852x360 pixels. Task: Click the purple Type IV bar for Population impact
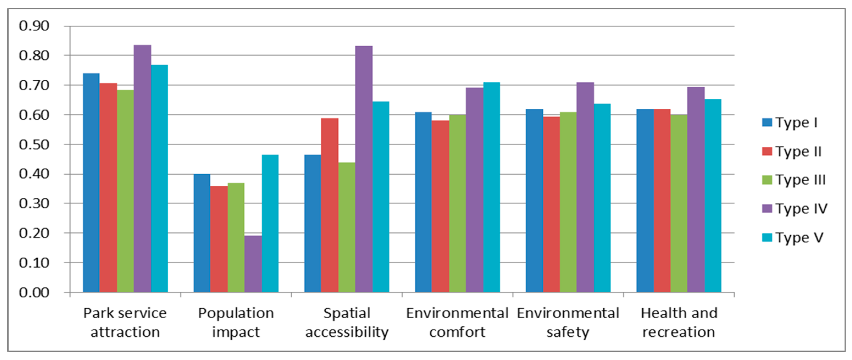[253, 264]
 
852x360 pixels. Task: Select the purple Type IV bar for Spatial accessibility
[363, 169]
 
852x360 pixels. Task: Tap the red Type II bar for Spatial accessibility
[329, 205]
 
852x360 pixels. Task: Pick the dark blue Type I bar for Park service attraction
[91, 183]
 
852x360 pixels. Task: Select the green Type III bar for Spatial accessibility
[347, 227]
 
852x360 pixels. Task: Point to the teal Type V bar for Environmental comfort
[491, 187]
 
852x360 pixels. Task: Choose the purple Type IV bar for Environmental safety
[585, 187]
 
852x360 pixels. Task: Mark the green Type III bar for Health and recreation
[679, 203]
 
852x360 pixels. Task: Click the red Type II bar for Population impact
[219, 239]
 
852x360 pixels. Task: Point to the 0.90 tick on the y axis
[34, 26]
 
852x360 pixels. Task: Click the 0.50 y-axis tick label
[34, 144]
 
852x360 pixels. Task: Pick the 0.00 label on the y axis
[34, 292]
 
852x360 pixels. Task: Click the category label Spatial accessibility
[347, 322]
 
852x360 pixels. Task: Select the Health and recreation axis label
[679, 322]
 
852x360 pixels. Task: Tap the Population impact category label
[236, 322]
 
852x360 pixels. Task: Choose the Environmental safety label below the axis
[568, 322]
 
